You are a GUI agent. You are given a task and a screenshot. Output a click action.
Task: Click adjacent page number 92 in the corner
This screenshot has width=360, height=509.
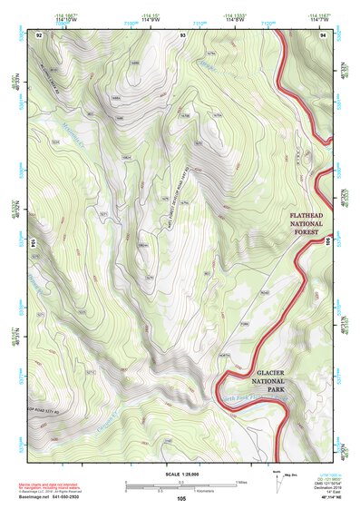[39, 34]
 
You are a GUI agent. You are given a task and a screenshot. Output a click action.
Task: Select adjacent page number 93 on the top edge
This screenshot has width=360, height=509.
[183, 34]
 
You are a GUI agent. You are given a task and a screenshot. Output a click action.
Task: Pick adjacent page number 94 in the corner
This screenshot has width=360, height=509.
[324, 34]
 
